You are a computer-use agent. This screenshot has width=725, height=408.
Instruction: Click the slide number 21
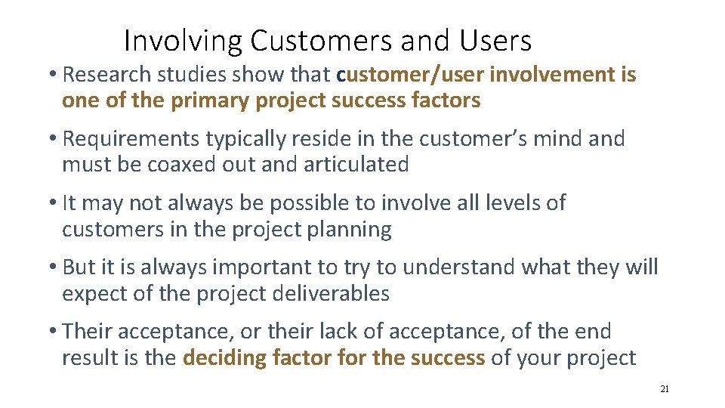(x=664, y=389)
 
